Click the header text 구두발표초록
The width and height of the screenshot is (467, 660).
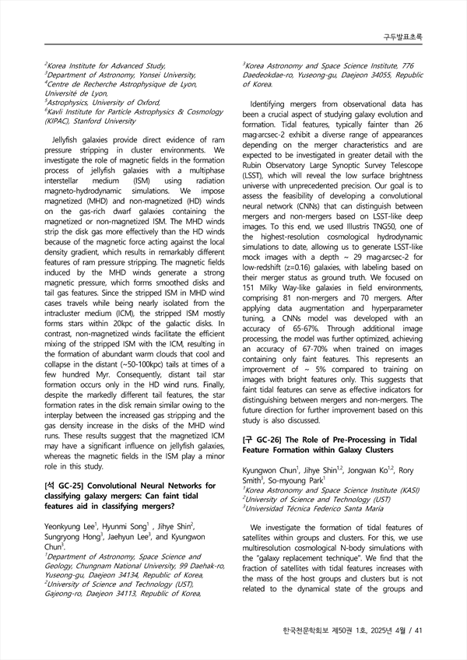click(403, 37)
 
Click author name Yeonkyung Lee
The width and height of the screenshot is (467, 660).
click(71, 527)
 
